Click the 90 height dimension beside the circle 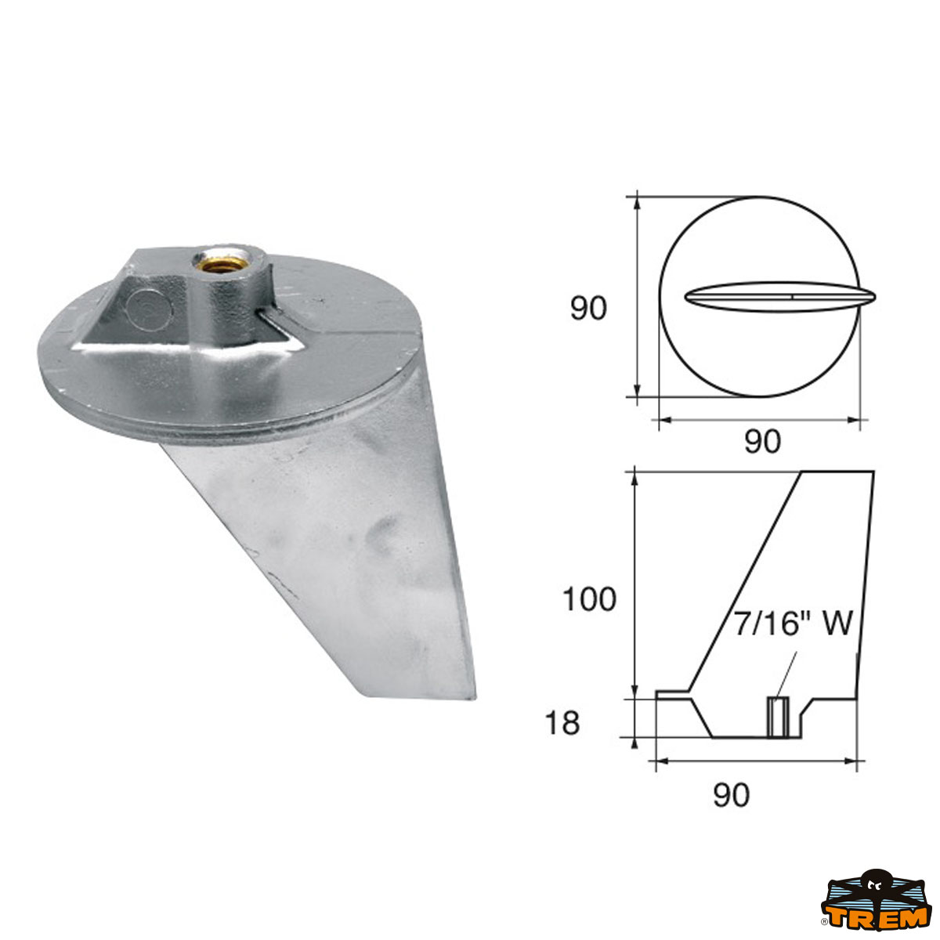[587, 309]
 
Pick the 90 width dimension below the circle [761, 443]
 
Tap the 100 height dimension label [589, 600]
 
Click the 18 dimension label [562, 723]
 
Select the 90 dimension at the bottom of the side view [731, 795]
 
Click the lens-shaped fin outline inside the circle [779, 297]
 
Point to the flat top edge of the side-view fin [835, 472]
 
